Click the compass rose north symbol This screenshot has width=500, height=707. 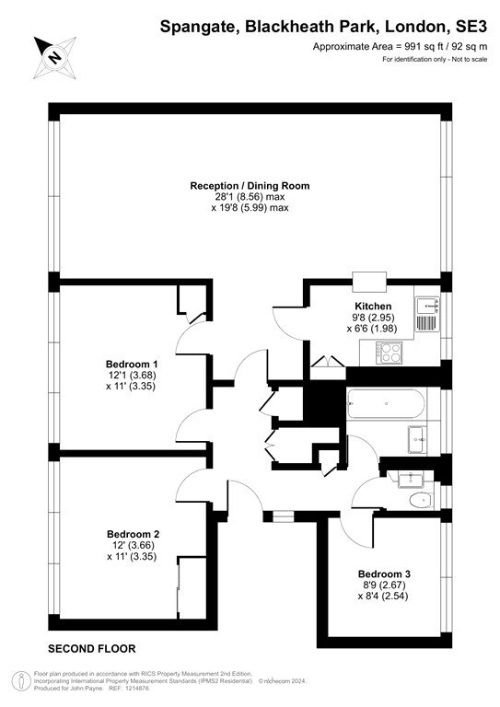pyautogui.click(x=54, y=58)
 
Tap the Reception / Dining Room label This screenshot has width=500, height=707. pyautogui.click(x=250, y=186)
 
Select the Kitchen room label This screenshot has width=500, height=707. pyautogui.click(x=373, y=307)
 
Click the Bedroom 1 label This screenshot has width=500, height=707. pyautogui.click(x=132, y=364)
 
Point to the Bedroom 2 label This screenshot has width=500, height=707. pyautogui.click(x=133, y=534)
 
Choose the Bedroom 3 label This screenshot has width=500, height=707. pyautogui.click(x=384, y=574)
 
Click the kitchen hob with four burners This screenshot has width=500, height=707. pyautogui.click(x=390, y=353)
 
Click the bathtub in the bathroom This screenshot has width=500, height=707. pyautogui.click(x=386, y=403)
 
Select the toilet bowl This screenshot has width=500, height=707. pyautogui.click(x=421, y=500)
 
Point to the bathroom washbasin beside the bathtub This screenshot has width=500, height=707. pyautogui.click(x=417, y=439)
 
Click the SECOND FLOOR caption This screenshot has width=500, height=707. pyautogui.click(x=92, y=649)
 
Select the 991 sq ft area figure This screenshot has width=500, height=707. pyautogui.click(x=420, y=46)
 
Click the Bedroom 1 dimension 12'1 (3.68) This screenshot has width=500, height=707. pyautogui.click(x=132, y=376)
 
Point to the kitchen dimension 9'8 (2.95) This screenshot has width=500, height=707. pyautogui.click(x=372, y=318)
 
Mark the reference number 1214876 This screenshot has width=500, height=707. pyautogui.click(x=137, y=689)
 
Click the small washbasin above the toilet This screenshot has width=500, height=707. pyautogui.click(x=410, y=479)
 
